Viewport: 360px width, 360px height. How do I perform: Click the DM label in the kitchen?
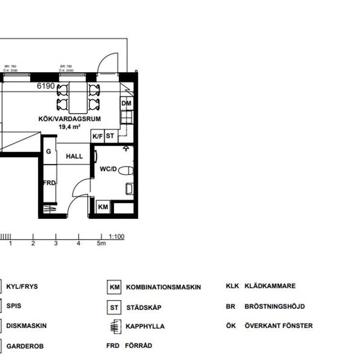[x=126, y=104]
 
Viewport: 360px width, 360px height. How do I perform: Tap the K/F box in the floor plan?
[x=97, y=136]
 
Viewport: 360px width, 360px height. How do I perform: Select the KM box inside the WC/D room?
[x=103, y=207]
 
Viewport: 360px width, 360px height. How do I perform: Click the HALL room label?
[x=74, y=157]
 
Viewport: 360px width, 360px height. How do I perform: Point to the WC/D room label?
[x=108, y=170]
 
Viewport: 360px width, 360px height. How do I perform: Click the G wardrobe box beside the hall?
[x=49, y=152]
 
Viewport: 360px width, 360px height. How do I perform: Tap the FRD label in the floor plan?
[x=49, y=183]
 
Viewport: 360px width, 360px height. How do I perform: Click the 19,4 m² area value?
[x=69, y=127]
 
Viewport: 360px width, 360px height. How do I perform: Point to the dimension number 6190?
[x=45, y=86]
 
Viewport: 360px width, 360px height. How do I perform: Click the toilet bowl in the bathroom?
[x=128, y=171]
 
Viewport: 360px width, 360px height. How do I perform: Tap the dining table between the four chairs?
[x=77, y=97]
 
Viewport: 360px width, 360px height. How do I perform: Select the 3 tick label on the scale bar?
[x=56, y=244]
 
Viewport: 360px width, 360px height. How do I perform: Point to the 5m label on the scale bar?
[x=102, y=244]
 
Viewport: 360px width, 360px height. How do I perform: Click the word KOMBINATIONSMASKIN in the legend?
[x=163, y=287]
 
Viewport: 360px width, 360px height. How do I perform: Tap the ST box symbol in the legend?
[x=114, y=308]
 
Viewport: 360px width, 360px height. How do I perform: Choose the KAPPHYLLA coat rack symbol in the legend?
[x=116, y=326]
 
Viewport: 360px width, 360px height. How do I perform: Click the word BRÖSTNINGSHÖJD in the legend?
[x=274, y=306]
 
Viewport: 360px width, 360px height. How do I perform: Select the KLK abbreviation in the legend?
[x=232, y=286]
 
